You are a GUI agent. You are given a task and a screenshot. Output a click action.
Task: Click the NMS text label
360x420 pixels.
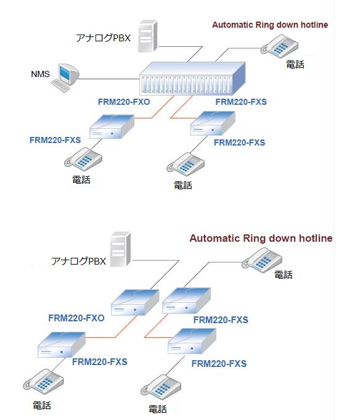(x=41, y=74)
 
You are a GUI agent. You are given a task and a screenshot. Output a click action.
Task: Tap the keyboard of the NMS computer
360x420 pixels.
(x=60, y=86)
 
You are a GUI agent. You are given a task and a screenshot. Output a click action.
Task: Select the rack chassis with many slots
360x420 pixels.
(x=192, y=78)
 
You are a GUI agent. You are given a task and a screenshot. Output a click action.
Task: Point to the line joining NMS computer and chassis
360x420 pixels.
(x=109, y=79)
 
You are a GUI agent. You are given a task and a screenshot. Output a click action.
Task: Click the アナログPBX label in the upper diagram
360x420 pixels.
(x=104, y=38)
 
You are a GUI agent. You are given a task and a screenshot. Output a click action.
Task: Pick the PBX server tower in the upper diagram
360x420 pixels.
(x=148, y=36)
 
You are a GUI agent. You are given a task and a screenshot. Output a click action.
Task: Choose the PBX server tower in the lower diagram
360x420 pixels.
(x=120, y=249)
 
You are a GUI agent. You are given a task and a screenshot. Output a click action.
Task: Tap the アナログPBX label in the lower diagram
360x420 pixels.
(x=78, y=261)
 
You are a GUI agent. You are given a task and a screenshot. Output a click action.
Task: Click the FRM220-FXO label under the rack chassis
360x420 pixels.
(x=124, y=102)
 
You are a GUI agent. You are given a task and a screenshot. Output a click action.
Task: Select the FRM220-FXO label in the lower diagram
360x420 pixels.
(x=76, y=318)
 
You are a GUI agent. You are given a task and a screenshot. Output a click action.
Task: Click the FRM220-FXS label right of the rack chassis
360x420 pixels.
(x=241, y=102)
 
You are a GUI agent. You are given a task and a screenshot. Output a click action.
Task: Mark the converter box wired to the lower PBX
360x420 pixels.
(x=135, y=302)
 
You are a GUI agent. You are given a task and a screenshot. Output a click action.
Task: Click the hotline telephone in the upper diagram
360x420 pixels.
(x=279, y=46)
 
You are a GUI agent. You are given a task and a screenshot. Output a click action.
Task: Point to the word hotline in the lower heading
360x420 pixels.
(x=316, y=238)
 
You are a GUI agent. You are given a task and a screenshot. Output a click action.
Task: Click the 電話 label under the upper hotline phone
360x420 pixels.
(x=295, y=65)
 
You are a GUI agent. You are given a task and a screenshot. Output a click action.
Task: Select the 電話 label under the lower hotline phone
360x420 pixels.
(x=284, y=274)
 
